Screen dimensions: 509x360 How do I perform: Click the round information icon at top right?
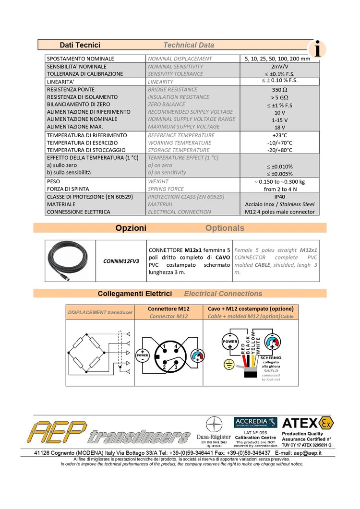(x=317, y=48)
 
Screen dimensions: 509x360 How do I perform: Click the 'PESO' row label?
(x=54, y=182)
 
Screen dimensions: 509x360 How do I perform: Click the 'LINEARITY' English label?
(x=160, y=82)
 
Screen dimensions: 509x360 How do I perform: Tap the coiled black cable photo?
(x=70, y=260)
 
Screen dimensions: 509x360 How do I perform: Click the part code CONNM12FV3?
(x=121, y=261)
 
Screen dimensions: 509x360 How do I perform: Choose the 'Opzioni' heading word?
(x=131, y=228)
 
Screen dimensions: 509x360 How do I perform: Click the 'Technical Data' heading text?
(x=189, y=45)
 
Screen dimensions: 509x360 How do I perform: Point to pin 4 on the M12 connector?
(x=176, y=346)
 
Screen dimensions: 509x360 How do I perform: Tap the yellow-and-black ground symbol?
(x=229, y=365)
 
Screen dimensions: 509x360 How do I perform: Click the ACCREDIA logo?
(x=255, y=423)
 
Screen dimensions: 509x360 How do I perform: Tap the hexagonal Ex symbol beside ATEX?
(x=327, y=423)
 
